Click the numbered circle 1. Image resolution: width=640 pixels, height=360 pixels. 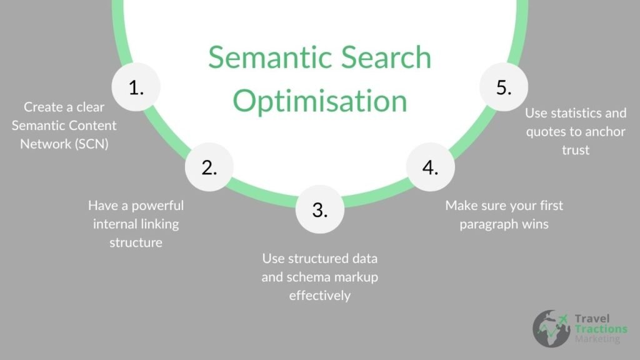pos(136,88)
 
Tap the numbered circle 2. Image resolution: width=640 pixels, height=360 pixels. pos(209,167)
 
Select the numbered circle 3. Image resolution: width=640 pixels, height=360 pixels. pos(319,210)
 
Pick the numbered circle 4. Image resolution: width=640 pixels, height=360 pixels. pos(430,167)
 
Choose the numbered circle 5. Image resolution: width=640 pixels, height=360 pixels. pos(504,88)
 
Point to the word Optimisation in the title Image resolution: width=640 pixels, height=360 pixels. pos(319,101)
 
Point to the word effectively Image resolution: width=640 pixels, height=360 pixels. pos(319,296)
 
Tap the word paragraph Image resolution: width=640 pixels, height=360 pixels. pos(489,224)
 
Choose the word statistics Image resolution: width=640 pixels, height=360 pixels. pos(594,113)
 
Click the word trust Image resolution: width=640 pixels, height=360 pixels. pos(576,151)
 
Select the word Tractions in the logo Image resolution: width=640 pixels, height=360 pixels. pos(601,329)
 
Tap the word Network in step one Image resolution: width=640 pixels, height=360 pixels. pos(44,143)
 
